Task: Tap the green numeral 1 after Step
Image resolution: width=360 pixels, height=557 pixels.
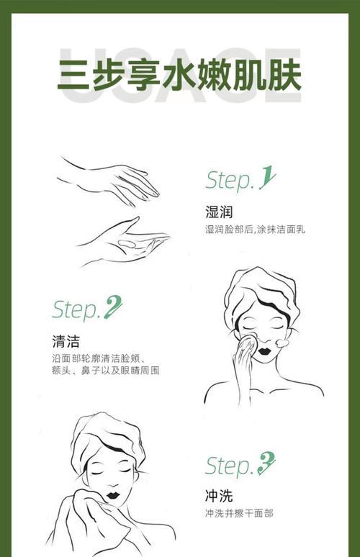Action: [266, 178]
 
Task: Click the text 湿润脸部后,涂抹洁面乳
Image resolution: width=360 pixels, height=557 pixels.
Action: [255, 229]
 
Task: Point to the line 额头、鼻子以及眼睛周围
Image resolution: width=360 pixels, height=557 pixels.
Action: [105, 371]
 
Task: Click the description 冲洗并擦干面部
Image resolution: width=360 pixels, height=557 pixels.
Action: [238, 513]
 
